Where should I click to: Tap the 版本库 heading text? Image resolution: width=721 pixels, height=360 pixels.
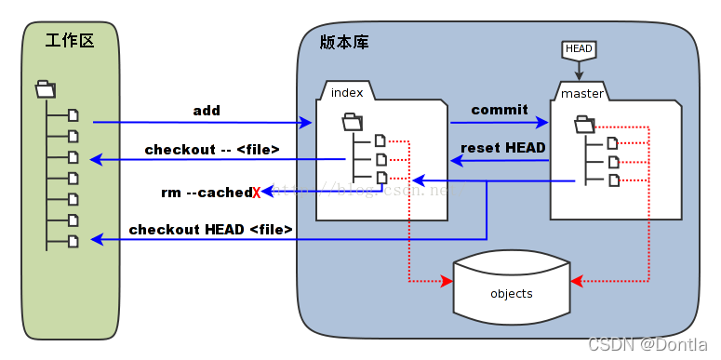coord(341,43)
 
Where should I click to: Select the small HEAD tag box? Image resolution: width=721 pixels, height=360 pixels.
coord(579,48)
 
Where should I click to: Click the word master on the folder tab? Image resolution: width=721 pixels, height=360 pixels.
coord(582,93)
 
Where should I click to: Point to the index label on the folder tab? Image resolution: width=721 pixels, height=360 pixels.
coord(347,92)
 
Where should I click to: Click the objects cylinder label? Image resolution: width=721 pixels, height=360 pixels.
coord(511,294)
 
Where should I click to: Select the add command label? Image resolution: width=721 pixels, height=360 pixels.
coord(207,111)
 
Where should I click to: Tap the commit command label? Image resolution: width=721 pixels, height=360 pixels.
coord(500,110)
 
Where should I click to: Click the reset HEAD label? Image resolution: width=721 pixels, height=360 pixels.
coord(503,148)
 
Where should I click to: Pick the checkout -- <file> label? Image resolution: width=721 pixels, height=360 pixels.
coord(212,149)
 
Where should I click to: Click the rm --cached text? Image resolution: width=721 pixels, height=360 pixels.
coord(206,193)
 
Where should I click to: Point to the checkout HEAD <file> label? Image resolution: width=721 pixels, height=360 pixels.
coord(211,229)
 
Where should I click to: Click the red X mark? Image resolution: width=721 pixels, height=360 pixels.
coord(257,193)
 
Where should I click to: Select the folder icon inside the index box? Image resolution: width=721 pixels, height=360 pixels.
coord(353,121)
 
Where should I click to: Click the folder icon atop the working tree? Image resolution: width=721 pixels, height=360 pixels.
coord(45,89)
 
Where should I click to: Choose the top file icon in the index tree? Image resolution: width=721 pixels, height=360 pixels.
coord(380,141)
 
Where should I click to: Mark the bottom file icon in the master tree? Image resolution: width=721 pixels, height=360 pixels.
coord(612,180)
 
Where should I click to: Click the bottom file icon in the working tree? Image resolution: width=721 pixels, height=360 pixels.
coord(73,241)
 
